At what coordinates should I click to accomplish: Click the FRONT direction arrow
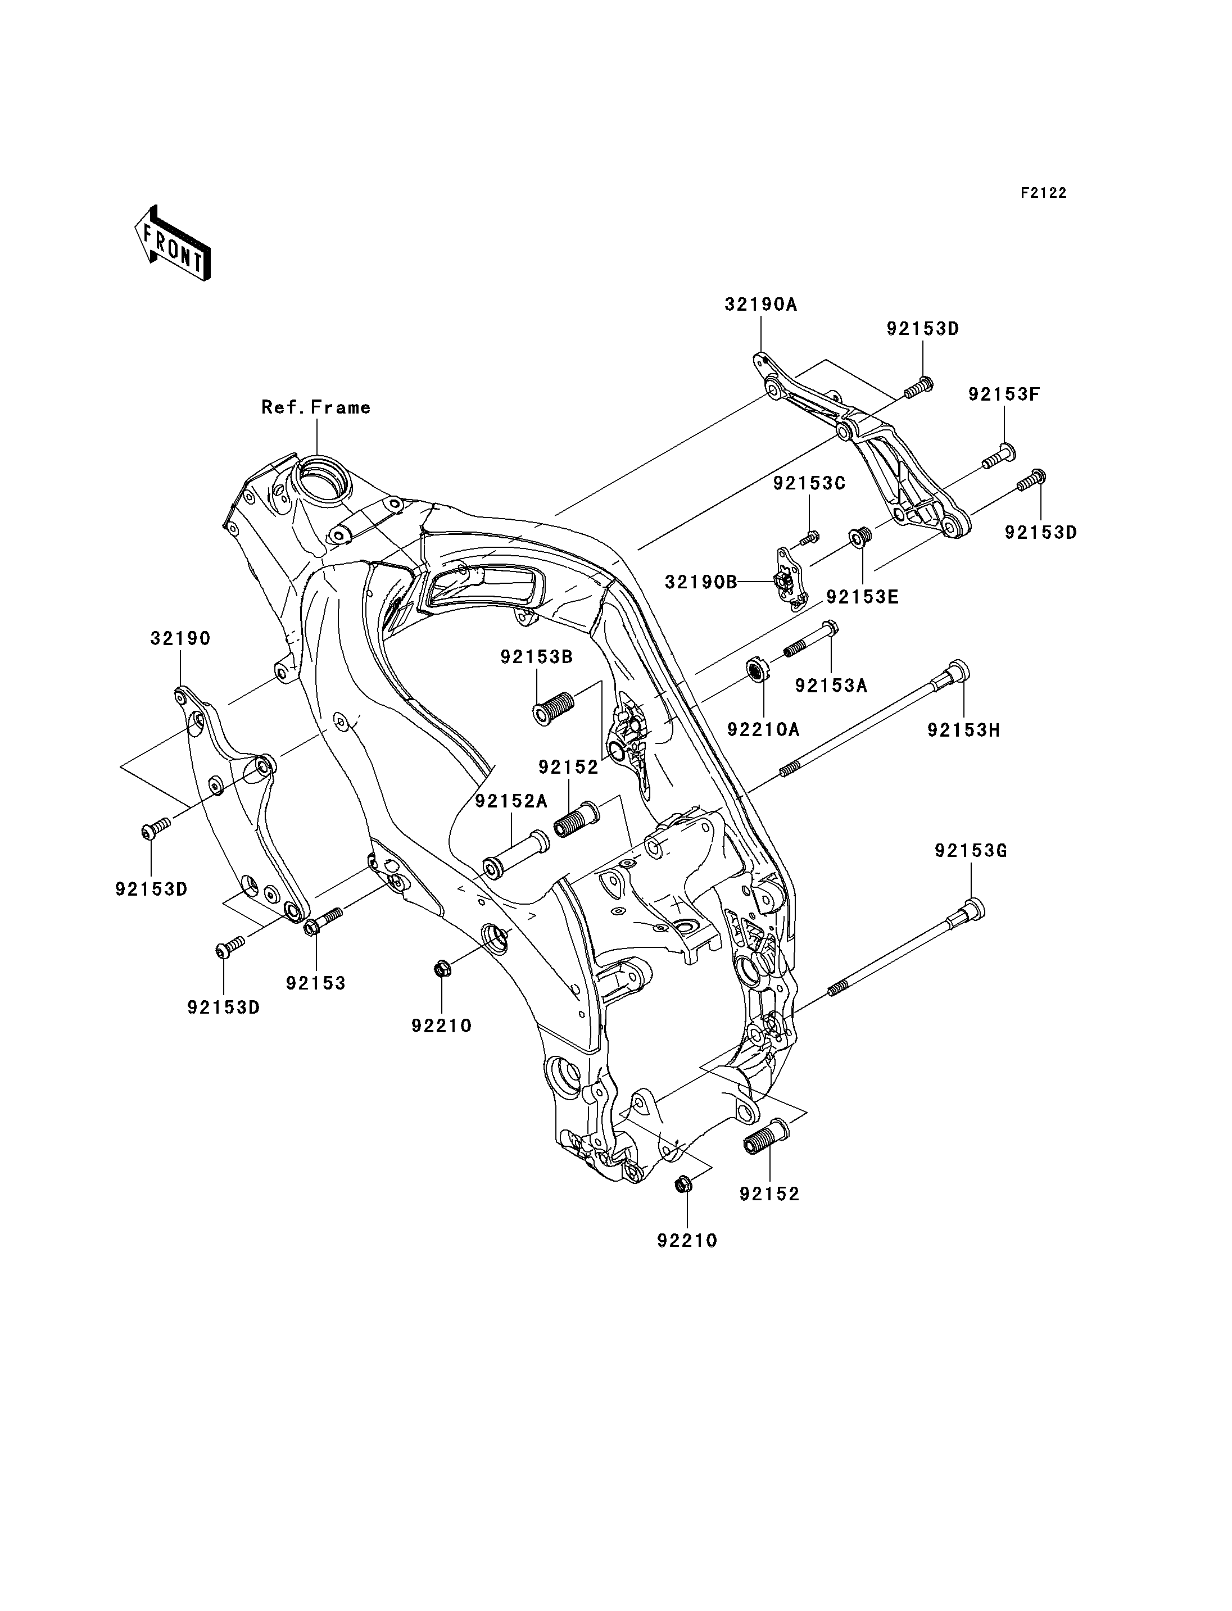(x=173, y=243)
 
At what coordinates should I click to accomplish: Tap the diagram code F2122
(x=1044, y=193)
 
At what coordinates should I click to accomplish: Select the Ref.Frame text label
(x=316, y=408)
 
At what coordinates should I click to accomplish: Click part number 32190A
(x=760, y=305)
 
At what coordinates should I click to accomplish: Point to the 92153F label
(x=1004, y=394)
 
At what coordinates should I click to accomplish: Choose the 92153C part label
(x=809, y=483)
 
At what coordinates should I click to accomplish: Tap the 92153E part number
(x=862, y=597)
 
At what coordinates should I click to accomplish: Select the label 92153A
(x=832, y=686)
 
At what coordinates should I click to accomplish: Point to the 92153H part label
(x=963, y=730)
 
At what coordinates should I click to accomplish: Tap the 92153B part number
(x=537, y=657)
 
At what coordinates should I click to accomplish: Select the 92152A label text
(x=511, y=801)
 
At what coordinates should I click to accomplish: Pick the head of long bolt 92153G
(x=972, y=909)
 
